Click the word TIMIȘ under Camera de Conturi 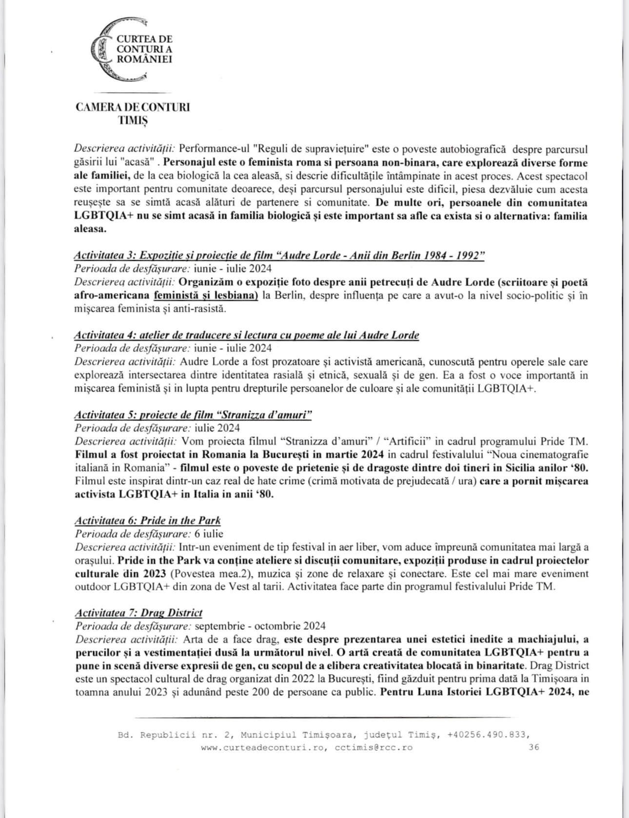click(x=132, y=120)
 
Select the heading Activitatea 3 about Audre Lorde click(x=279, y=256)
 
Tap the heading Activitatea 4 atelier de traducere click(x=246, y=335)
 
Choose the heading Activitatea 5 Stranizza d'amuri click(x=193, y=415)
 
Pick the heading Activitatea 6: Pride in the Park click(x=147, y=520)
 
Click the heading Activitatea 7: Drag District click(x=138, y=613)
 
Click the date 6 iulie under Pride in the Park click(x=209, y=533)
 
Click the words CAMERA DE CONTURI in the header click(x=132, y=107)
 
